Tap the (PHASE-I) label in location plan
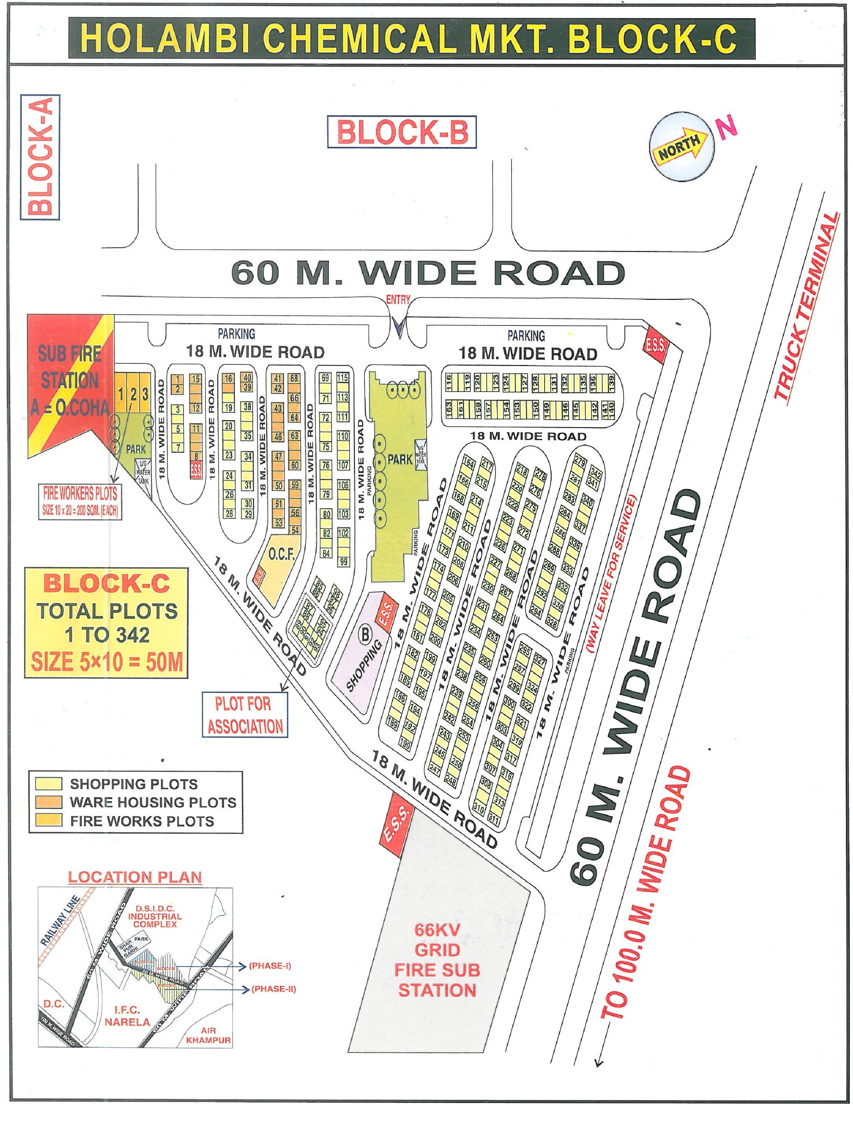[x=270, y=966]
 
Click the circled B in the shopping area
[x=365, y=635]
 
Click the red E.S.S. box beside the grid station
[x=396, y=823]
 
